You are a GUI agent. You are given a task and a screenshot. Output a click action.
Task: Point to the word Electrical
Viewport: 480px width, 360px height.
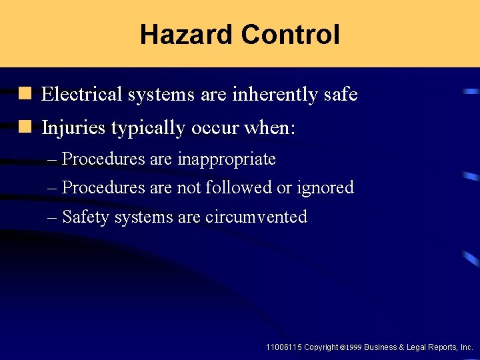[82, 95]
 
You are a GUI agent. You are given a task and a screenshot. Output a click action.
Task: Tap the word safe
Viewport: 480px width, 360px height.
[340, 95]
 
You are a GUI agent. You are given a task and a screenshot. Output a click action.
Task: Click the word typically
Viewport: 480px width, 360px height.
[148, 127]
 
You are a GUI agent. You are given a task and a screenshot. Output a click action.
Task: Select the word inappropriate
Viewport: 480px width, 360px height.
[227, 159]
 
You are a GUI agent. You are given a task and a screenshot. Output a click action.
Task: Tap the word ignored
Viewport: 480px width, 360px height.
[325, 188]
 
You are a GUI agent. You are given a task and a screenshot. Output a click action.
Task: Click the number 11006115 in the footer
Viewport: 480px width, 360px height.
[283, 347]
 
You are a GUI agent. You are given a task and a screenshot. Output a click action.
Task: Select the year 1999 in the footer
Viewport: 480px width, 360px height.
[353, 348]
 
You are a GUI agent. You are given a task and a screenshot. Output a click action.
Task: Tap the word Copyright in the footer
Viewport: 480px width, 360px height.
[321, 347]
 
